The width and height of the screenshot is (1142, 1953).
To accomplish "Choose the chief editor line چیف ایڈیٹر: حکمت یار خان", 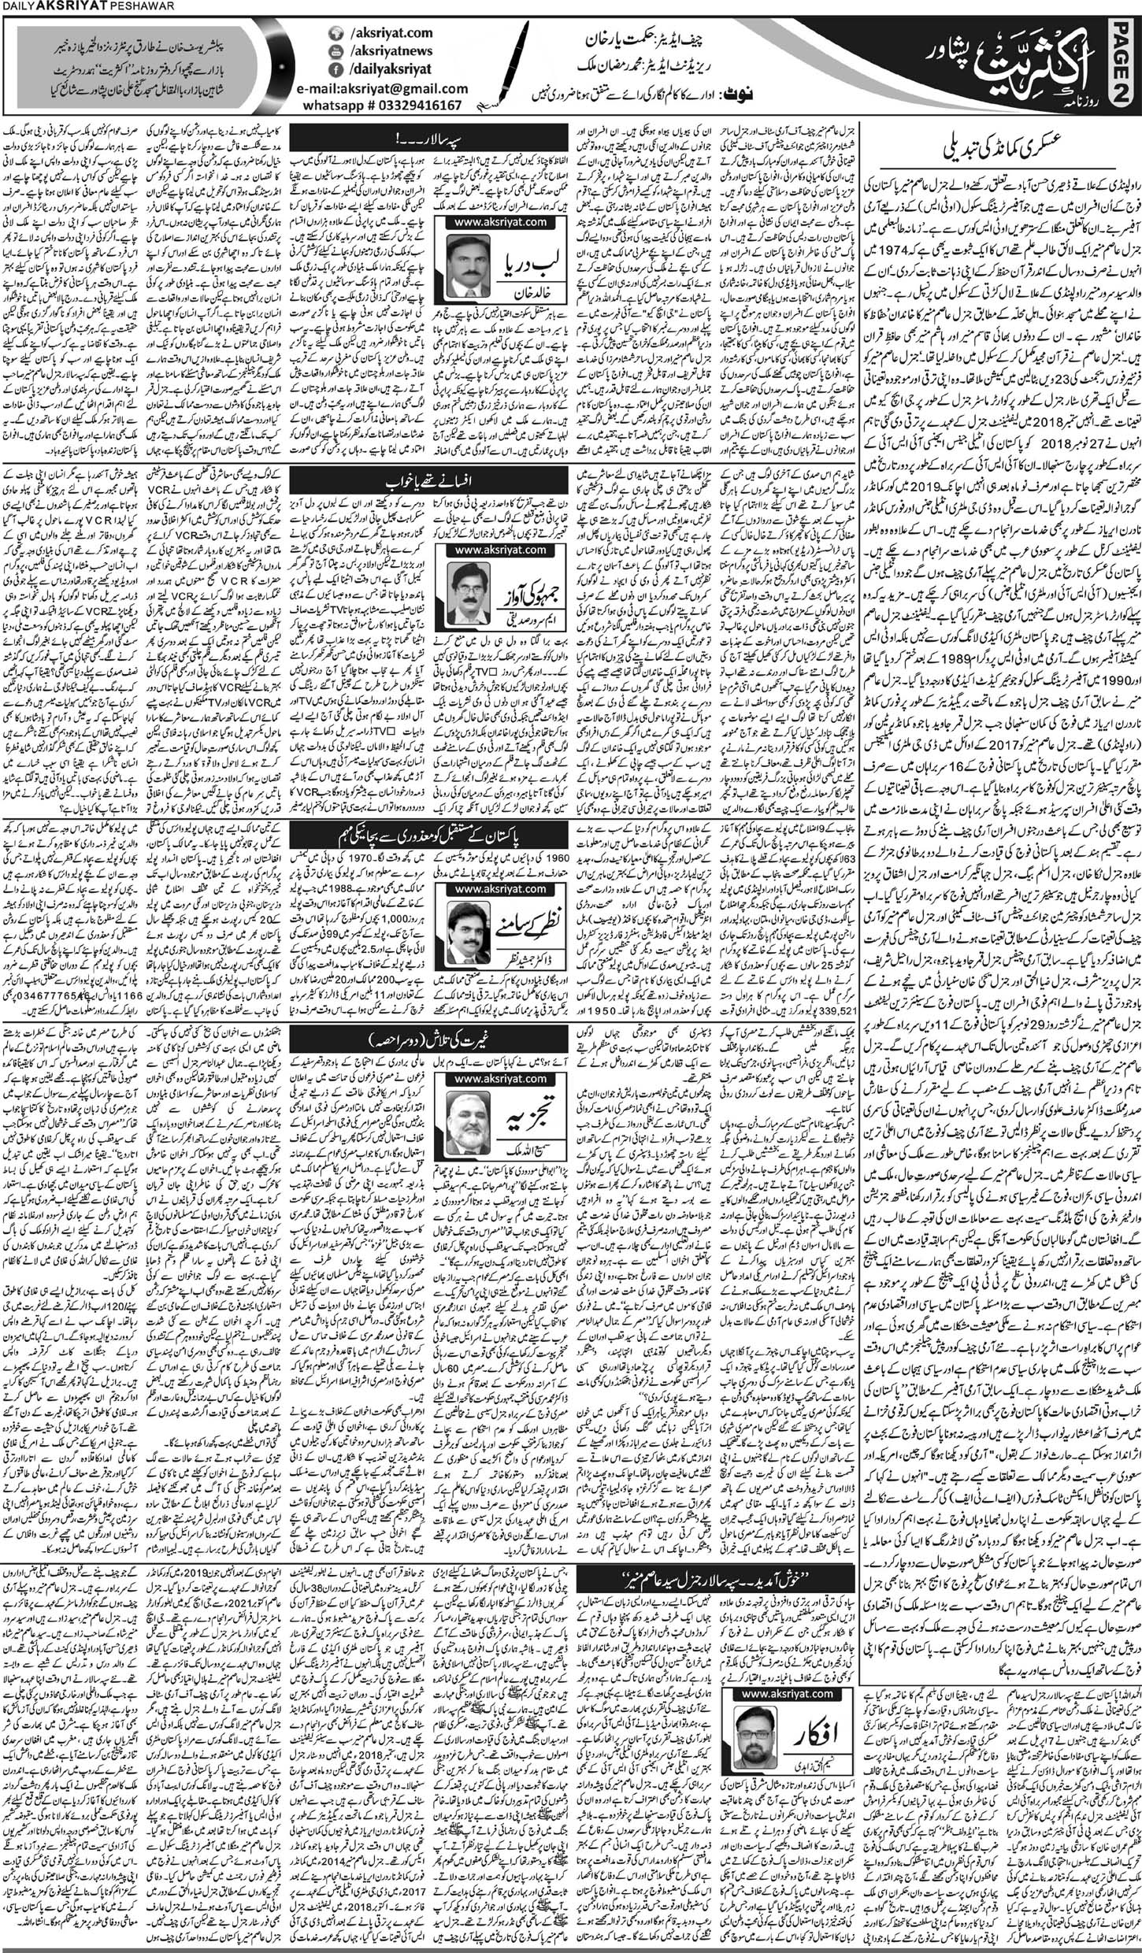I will [x=639, y=37].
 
